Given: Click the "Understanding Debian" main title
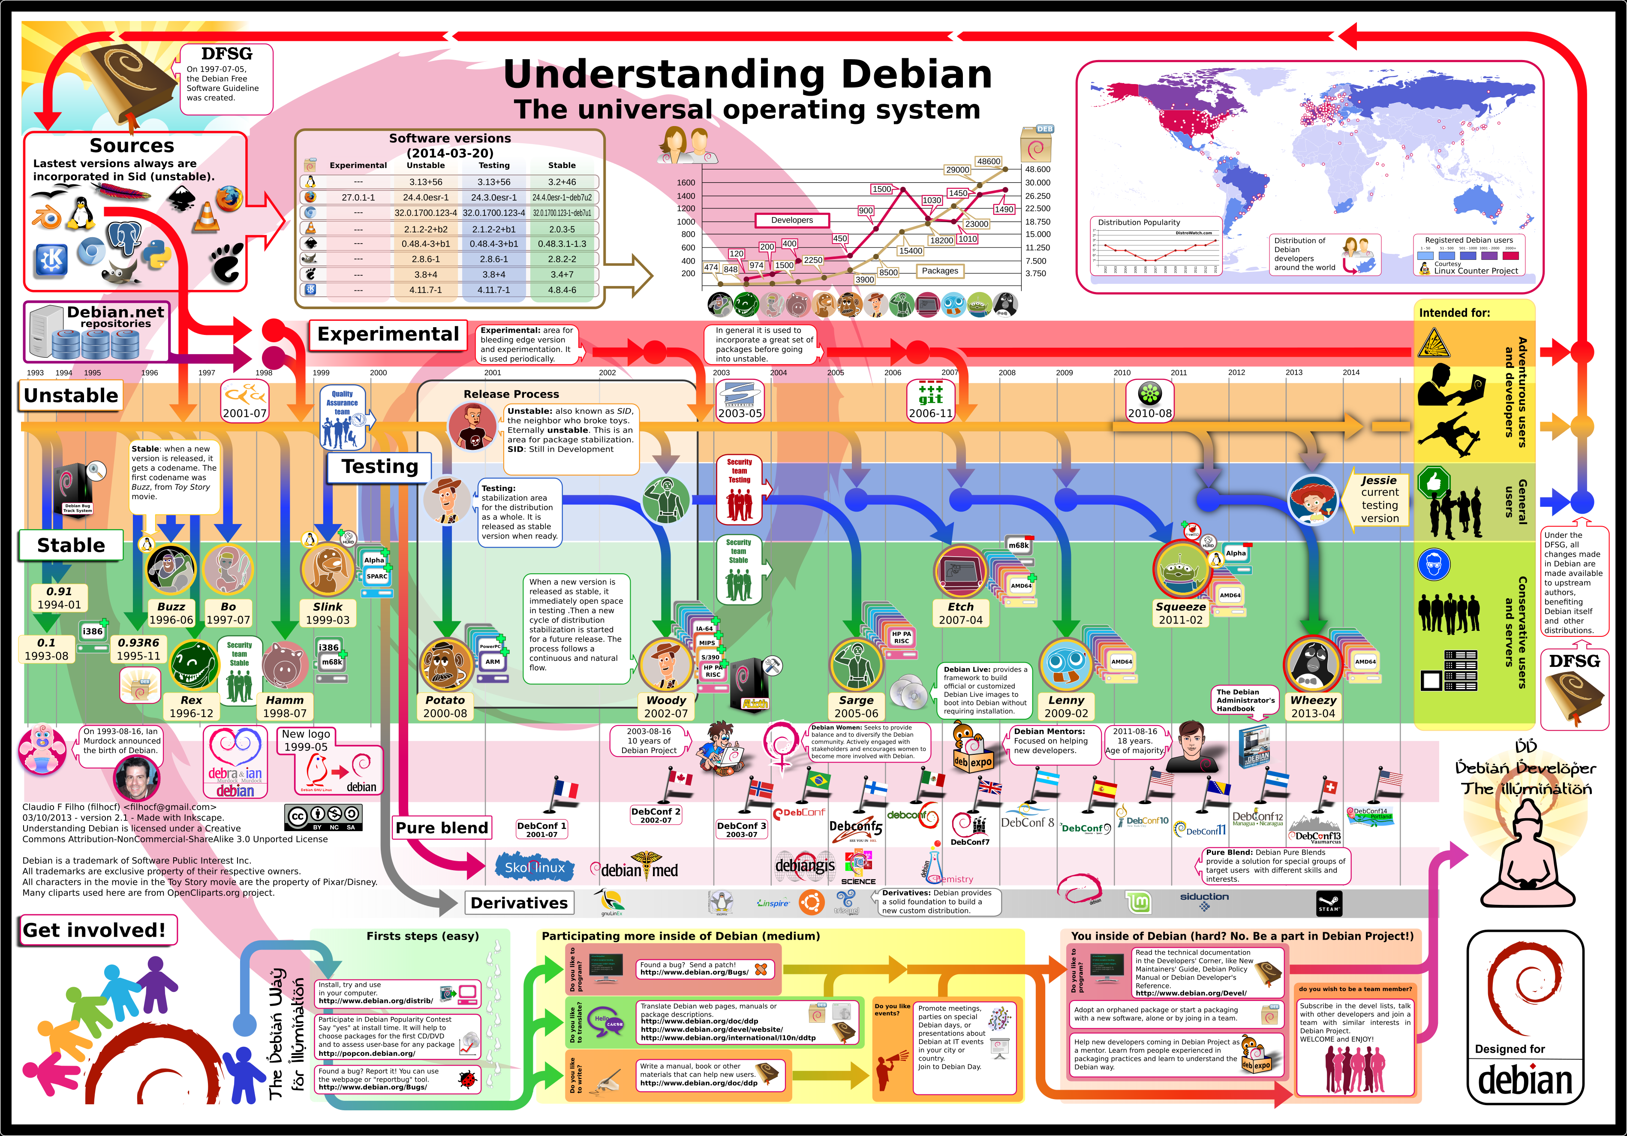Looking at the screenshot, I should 748,75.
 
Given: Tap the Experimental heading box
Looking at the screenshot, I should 388,334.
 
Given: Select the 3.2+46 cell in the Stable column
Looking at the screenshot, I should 562,182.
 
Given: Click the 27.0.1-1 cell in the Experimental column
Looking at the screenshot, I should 358,198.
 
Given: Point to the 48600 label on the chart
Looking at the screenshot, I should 989,162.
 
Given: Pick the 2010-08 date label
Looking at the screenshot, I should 1149,413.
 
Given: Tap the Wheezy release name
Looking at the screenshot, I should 1313,700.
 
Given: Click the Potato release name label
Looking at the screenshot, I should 445,700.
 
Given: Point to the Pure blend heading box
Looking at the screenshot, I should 442,828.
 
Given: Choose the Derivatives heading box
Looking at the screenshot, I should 520,903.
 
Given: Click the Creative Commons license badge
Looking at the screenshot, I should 324,817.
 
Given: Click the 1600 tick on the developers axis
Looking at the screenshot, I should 686,183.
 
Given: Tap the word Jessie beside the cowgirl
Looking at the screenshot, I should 1378,480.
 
